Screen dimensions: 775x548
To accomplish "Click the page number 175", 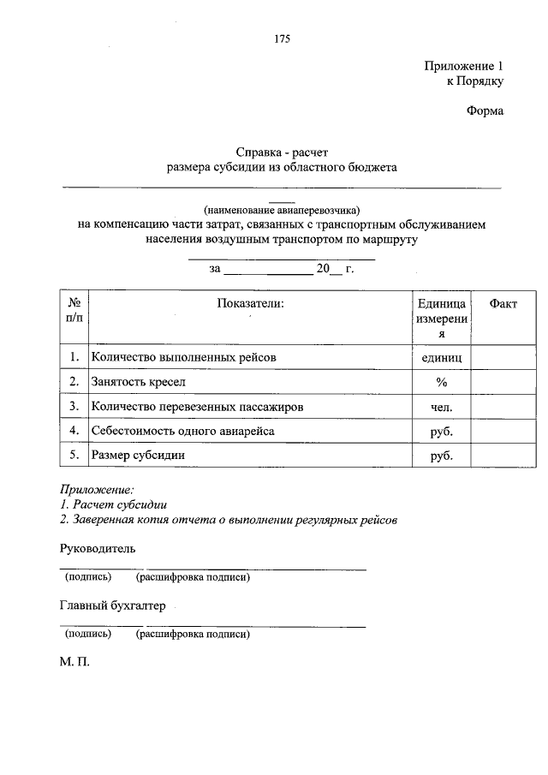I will tap(283, 39).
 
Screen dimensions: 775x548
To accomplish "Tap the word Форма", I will tap(485, 110).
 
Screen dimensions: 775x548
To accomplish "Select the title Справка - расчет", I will tap(282, 152).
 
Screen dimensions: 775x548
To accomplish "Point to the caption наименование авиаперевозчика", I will tap(282, 209).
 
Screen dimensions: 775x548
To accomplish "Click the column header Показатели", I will tap(249, 303).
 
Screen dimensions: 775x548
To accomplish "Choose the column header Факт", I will tap(503, 303).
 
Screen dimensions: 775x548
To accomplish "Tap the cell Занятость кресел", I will tap(138, 381).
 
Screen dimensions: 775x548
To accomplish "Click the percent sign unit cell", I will tap(441, 382).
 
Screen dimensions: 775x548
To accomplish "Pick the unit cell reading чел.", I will tap(441, 407).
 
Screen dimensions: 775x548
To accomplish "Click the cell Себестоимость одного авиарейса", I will tap(182, 431).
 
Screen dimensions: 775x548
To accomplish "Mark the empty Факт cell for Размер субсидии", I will tap(503, 456).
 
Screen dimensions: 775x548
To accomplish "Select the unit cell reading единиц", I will tap(441, 357).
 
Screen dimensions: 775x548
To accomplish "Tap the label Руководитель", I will tap(97, 547).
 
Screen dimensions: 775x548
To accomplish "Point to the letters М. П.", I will tap(74, 664).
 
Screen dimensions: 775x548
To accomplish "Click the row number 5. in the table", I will tap(74, 456).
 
